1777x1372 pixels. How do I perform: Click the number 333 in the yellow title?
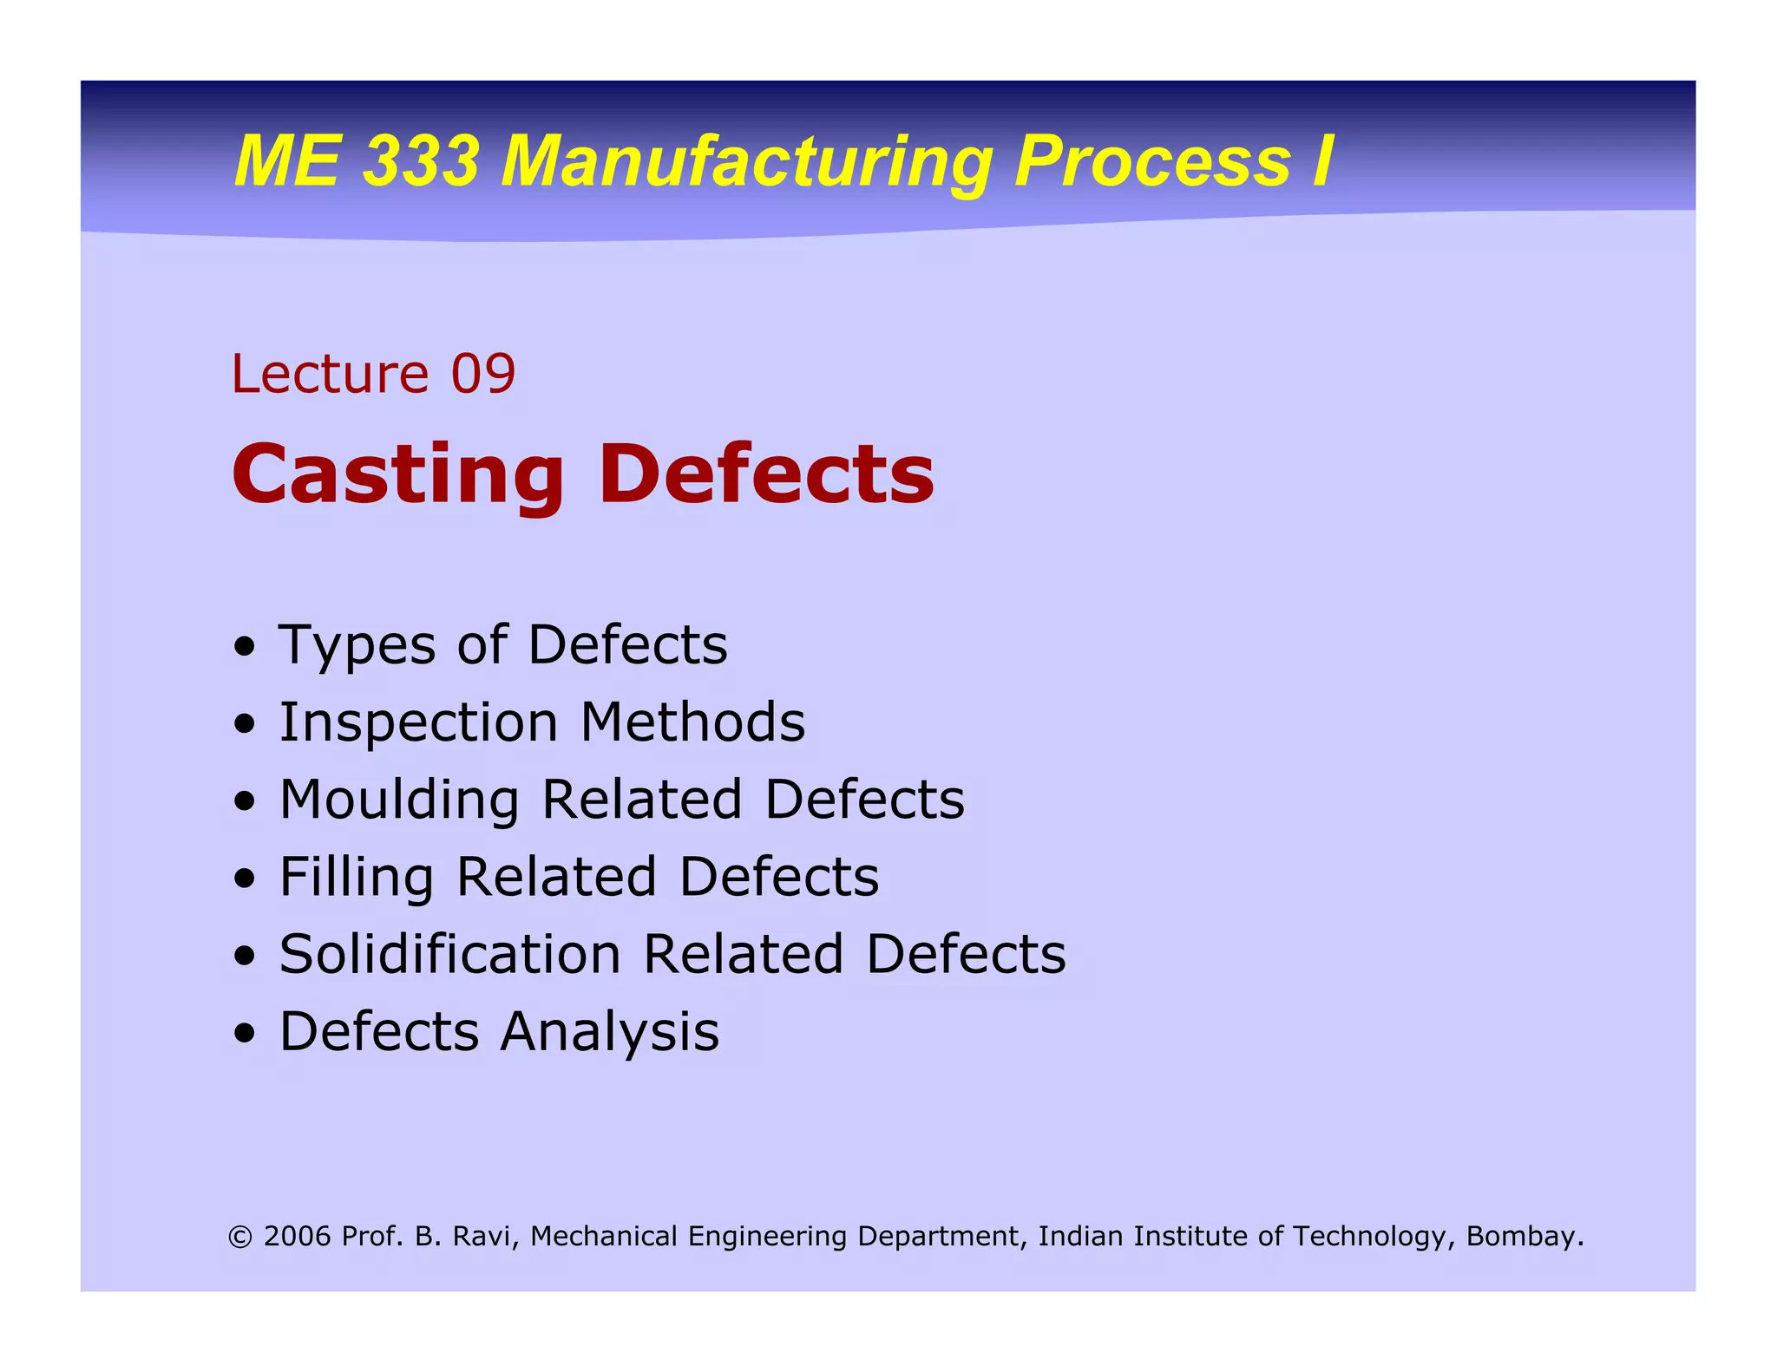tap(420, 161)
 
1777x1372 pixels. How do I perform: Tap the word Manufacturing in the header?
tap(747, 163)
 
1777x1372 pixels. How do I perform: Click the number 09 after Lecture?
tap(483, 374)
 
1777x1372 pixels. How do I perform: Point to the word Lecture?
tap(330, 374)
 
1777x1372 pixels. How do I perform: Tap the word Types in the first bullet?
tap(357, 646)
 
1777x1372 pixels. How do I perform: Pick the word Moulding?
tap(399, 800)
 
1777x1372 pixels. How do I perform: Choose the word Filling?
tap(356, 878)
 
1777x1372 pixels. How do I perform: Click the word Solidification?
tap(450, 954)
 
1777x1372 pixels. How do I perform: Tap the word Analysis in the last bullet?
tap(610, 1032)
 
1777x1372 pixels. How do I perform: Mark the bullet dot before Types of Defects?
tap(245, 647)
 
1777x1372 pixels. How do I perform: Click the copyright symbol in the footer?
tap(240, 1237)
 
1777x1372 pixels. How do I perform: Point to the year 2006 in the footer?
tap(298, 1236)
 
